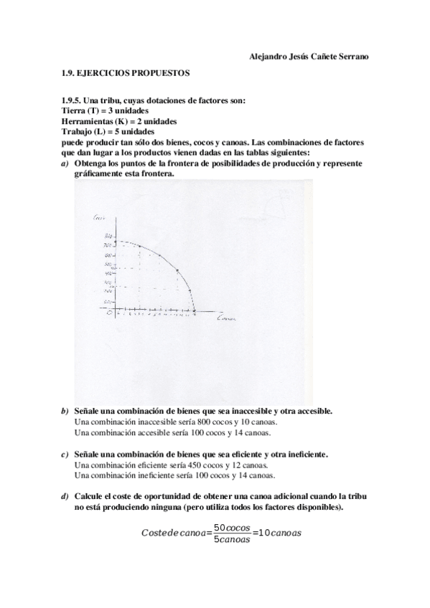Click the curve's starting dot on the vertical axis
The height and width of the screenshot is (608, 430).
click(115, 241)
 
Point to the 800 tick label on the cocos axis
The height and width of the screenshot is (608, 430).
click(107, 237)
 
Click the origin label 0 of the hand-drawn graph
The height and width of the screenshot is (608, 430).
click(108, 313)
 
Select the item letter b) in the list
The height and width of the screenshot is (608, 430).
click(65, 412)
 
